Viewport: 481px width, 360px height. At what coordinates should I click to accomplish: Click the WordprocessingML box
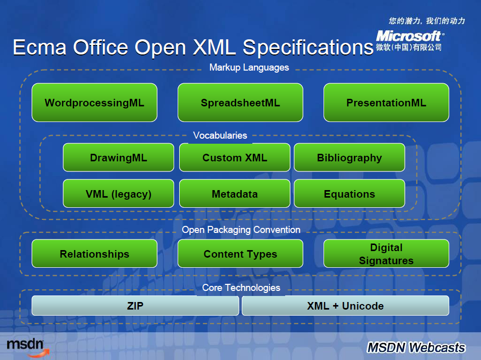click(94, 103)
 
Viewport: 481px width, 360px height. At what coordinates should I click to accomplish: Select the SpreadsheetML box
click(240, 103)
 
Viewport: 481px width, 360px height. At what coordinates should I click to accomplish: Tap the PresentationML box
click(386, 103)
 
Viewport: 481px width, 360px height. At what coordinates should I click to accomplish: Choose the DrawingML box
click(119, 157)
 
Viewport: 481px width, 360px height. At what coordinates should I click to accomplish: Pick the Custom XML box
click(235, 157)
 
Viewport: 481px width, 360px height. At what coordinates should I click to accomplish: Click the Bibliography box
click(349, 157)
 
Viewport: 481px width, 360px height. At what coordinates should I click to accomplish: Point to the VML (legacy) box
click(119, 194)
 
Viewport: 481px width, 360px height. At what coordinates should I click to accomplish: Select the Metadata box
click(235, 194)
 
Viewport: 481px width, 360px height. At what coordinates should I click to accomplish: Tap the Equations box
click(349, 194)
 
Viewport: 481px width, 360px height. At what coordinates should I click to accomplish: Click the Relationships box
click(94, 254)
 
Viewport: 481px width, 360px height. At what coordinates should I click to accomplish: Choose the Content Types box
click(240, 254)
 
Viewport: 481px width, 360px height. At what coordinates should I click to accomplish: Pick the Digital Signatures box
click(386, 254)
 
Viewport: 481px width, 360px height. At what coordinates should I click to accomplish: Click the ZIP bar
click(135, 306)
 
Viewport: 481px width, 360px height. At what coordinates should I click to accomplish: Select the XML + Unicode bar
click(345, 306)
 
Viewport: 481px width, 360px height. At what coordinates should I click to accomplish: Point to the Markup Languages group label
click(249, 68)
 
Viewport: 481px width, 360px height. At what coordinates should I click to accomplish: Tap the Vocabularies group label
click(220, 136)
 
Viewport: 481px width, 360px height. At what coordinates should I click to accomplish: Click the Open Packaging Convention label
click(241, 230)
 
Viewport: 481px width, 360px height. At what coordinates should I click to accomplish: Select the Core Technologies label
click(241, 288)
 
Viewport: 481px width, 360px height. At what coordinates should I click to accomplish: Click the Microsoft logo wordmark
click(410, 36)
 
